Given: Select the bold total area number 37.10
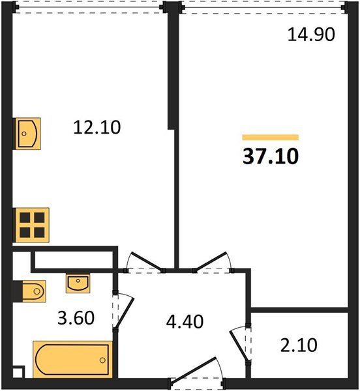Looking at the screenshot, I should click(270, 156).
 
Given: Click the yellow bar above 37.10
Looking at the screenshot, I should click(270, 138).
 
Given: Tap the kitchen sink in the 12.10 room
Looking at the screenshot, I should click(28, 133).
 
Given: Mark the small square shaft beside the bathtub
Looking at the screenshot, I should click(18, 373).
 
